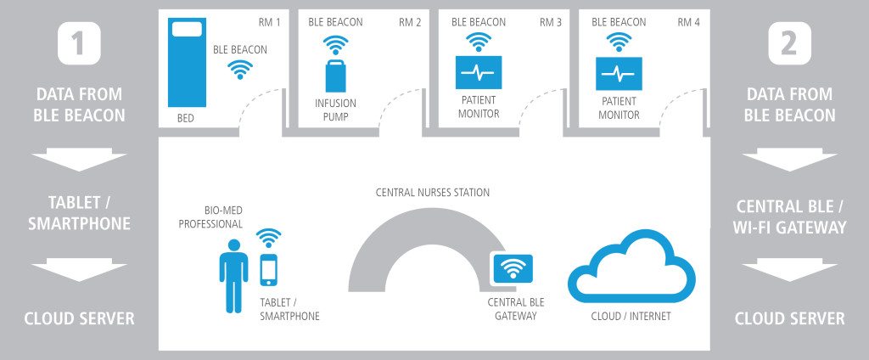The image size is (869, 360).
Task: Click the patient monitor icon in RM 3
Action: [x=478, y=74]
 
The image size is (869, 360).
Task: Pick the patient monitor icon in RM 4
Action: [x=620, y=74]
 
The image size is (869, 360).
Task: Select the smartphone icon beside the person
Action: [x=269, y=270]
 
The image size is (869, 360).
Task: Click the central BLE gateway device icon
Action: [x=513, y=270]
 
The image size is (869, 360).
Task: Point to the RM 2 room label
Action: [x=410, y=22]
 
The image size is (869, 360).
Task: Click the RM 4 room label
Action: [x=688, y=22]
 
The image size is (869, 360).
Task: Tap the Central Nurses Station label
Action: [x=433, y=193]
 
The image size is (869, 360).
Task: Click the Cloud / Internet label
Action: [x=631, y=316]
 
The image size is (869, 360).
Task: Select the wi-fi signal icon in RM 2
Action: [x=337, y=45]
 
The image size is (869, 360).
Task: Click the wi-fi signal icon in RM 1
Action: [x=240, y=70]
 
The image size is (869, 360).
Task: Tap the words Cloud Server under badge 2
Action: [x=789, y=319]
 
